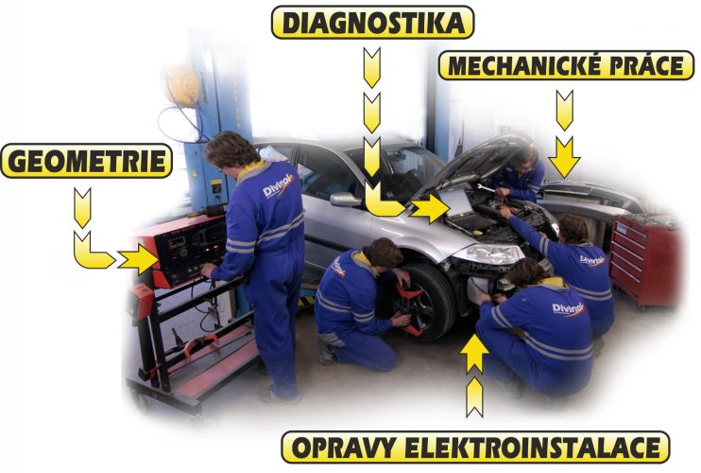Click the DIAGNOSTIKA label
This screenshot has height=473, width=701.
(373, 23)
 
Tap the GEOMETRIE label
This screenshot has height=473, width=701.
(87, 161)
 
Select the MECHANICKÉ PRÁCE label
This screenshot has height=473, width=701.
(567, 65)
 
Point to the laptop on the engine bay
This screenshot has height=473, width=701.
(460, 208)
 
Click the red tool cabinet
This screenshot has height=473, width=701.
(644, 260)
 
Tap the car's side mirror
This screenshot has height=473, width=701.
(344, 200)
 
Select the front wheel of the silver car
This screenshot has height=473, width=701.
(422, 302)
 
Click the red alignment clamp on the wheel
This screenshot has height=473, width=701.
(409, 308)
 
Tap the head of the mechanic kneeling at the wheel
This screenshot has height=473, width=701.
(383, 253)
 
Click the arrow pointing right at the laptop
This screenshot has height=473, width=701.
(429, 208)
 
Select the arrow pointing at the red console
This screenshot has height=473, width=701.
(138, 258)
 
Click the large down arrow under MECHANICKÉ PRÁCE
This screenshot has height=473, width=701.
(564, 158)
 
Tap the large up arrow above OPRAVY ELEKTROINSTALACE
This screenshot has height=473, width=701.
(474, 354)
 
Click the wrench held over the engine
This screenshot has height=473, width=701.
(485, 188)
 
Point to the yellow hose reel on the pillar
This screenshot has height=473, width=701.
(182, 86)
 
